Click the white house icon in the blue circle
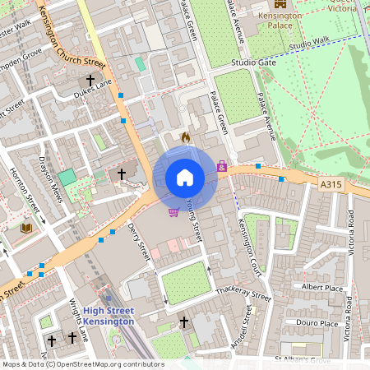pos(185,177)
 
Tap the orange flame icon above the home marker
pos(185,137)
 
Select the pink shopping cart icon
pos(173,212)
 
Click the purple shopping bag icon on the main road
pos(222,167)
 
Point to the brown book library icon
pos(25,227)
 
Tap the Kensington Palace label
pos(280,21)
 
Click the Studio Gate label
pos(253,62)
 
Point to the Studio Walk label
pos(310,41)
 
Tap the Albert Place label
pos(321,287)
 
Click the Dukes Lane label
pos(92,93)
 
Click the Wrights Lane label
pos(78,321)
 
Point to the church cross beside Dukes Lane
pos(90,80)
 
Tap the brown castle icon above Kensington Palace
pos(280,3)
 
